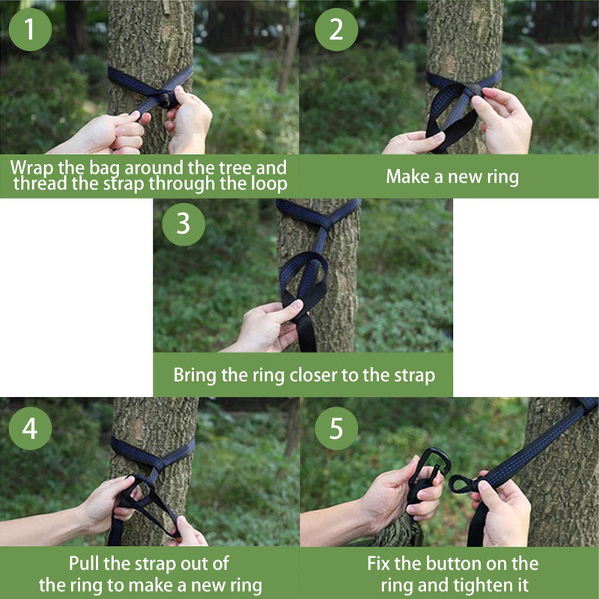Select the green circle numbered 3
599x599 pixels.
click(x=183, y=223)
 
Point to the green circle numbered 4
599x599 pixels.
click(x=29, y=428)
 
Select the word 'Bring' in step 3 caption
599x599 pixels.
click(x=195, y=374)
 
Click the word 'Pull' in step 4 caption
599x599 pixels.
click(x=85, y=563)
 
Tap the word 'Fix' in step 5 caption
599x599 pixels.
click(x=380, y=563)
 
